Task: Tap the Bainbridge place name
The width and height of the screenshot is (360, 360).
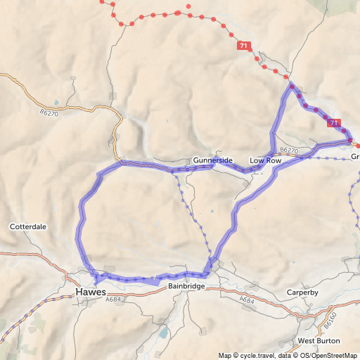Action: tap(186, 287)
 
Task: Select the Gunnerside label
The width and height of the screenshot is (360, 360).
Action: tap(213, 160)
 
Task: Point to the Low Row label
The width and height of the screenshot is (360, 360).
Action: tap(265, 160)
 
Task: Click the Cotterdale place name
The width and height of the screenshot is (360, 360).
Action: tap(28, 227)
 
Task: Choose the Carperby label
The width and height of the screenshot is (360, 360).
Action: tap(303, 292)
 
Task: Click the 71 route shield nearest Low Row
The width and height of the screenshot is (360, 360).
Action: tap(334, 123)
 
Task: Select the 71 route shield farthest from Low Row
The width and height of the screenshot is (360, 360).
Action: tap(243, 46)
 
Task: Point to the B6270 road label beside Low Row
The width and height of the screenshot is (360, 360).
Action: tap(289, 150)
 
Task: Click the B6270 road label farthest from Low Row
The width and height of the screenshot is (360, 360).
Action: tap(50, 112)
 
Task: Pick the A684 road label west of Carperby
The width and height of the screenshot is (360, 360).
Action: tap(246, 300)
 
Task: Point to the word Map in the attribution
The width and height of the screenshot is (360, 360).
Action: tap(225, 355)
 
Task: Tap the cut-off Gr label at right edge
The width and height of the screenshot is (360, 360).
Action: tap(355, 157)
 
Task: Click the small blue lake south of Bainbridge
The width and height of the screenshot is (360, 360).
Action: tap(163, 332)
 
